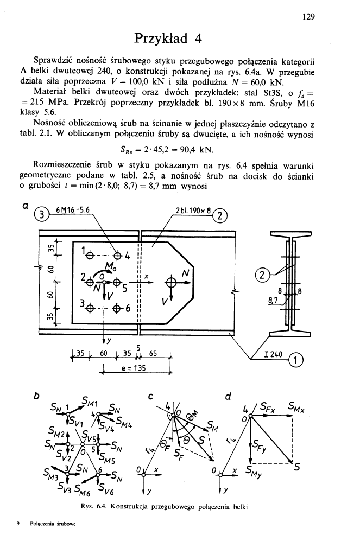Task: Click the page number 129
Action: (x=309, y=16)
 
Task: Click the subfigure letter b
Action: (x=36, y=396)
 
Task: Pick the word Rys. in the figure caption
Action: (x=87, y=507)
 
